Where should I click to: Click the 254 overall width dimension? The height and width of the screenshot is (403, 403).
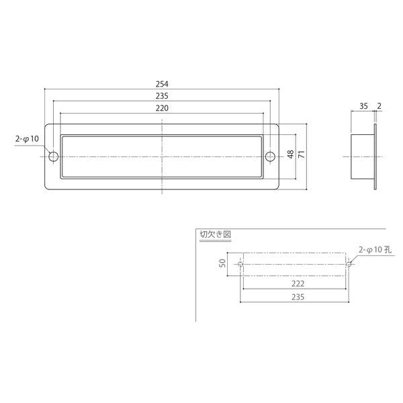coord(162,84)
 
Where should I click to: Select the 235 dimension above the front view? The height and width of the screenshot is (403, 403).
coord(162,96)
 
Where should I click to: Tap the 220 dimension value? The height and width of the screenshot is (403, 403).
coord(162,108)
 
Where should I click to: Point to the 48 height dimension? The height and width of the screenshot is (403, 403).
coord(290,154)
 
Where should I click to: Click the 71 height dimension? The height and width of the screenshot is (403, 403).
coord(302,154)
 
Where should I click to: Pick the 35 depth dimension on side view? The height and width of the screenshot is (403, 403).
coord(363,106)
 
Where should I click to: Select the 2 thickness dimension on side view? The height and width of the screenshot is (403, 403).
coord(379,105)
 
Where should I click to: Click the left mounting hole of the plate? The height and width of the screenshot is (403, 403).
coord(54,156)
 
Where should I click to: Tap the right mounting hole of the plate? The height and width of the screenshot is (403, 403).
coord(270,156)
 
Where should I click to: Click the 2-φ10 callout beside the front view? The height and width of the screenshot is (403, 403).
coord(27,139)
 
